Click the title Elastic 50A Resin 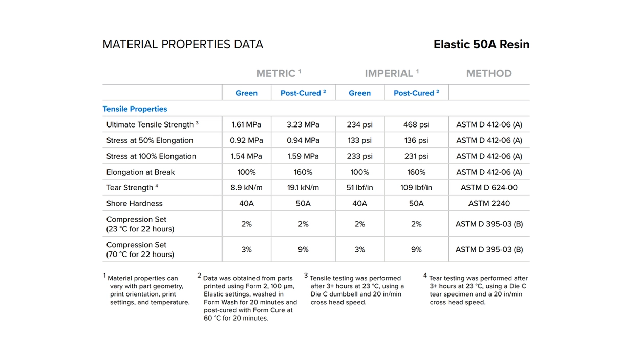[481, 44]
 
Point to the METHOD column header [489, 73]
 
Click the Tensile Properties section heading [135, 109]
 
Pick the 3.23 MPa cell [303, 124]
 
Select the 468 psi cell [416, 124]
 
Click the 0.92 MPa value [246, 140]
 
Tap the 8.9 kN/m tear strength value [246, 187]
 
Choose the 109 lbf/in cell [416, 187]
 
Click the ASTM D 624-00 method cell [489, 187]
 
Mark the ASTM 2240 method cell [489, 203]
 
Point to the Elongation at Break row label [140, 172]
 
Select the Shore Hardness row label [134, 203]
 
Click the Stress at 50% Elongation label [150, 140]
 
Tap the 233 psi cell [359, 156]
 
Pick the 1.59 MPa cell [303, 156]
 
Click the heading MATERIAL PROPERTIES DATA [183, 44]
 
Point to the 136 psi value [416, 140]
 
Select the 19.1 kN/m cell [303, 187]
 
